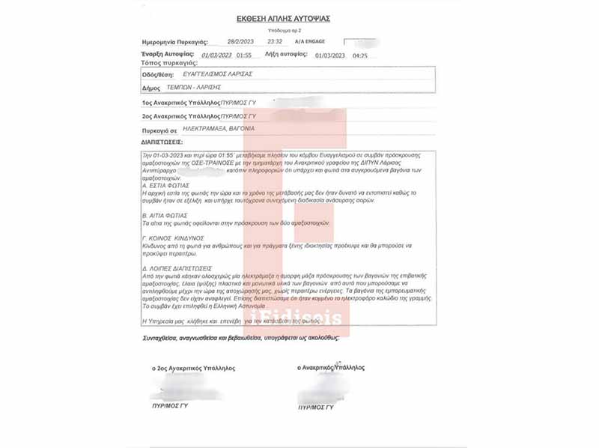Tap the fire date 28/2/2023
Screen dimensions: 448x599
tap(240, 42)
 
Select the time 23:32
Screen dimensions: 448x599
tap(276, 42)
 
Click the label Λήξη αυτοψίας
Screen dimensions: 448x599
tap(287, 55)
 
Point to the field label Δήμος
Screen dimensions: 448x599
tap(152, 88)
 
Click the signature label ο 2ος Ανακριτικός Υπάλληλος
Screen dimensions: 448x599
tap(193, 368)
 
